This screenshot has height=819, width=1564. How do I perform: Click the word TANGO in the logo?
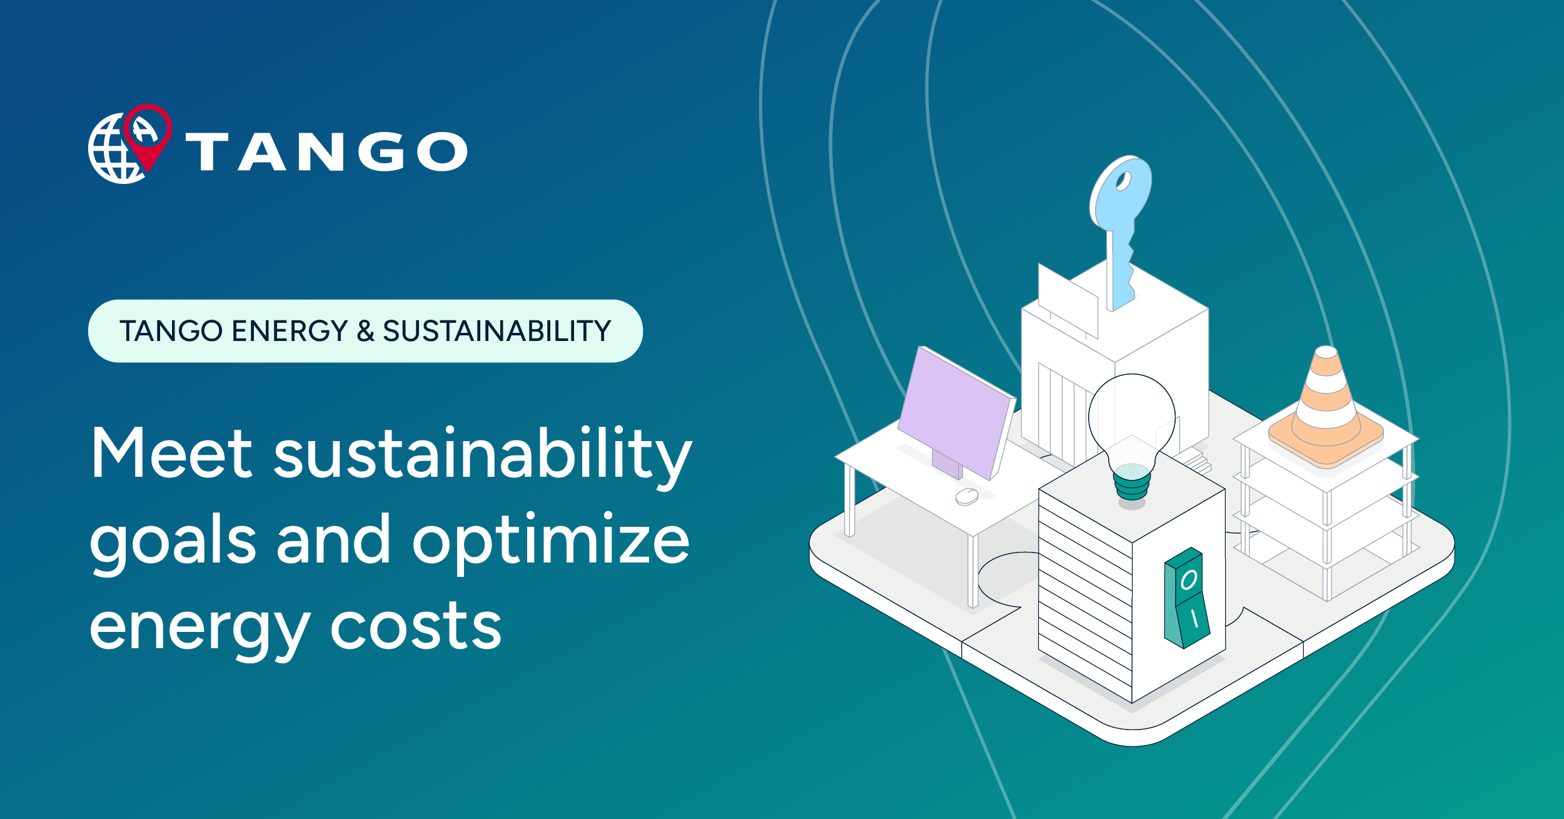coord(326,151)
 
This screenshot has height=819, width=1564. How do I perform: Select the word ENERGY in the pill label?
coord(290,331)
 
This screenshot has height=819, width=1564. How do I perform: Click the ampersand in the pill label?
coord(365,331)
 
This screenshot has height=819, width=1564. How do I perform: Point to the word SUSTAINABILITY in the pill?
coord(497,331)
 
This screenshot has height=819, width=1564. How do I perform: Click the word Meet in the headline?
coord(171,453)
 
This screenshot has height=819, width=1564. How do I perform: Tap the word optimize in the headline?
coord(550,539)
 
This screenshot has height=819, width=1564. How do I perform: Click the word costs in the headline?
coord(416,626)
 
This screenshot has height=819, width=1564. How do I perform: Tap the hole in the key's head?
coord(1123,181)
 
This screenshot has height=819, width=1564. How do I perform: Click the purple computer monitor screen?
coord(954,413)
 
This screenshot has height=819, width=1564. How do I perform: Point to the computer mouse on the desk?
coord(967,497)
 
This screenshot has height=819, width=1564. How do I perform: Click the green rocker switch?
coord(1186,598)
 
